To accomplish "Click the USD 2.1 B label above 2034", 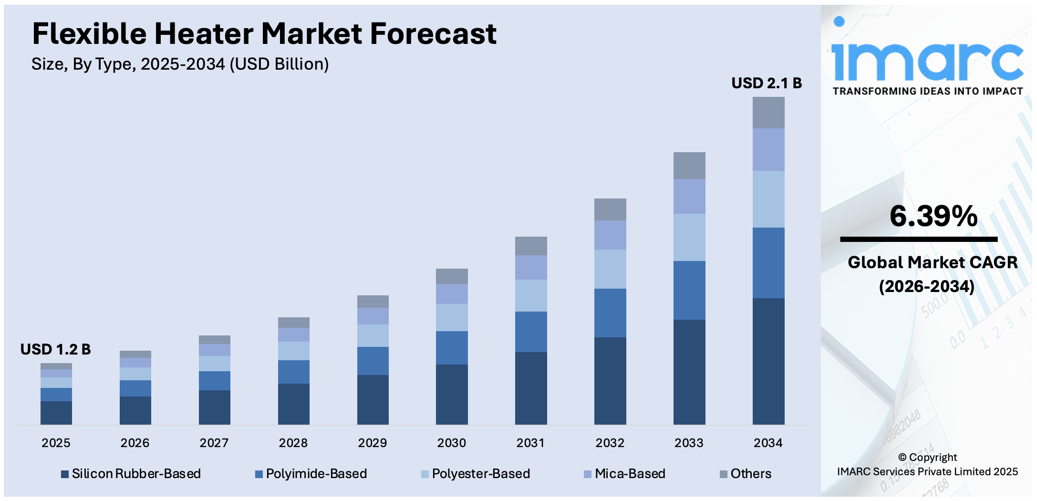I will tap(766, 83).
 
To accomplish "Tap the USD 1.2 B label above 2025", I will tap(55, 349).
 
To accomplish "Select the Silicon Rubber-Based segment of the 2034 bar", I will tap(768, 361).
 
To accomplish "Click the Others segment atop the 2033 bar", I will tap(689, 166).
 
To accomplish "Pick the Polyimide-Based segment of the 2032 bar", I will tap(610, 313).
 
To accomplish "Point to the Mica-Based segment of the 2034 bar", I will tap(768, 149).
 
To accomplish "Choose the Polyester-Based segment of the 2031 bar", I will tap(530, 295).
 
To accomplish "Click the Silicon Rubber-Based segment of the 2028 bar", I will tap(293, 404).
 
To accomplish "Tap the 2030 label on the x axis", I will tap(451, 443).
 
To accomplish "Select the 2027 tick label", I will tap(214, 443).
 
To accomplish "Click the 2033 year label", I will tap(688, 443).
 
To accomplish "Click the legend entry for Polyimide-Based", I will tap(316, 474).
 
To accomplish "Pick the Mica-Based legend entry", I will tap(629, 474).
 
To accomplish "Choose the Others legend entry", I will tap(750, 474).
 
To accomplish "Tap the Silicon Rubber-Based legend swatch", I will tap(65, 474).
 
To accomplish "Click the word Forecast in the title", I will tap(433, 34).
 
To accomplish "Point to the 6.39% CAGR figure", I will tap(933, 216).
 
